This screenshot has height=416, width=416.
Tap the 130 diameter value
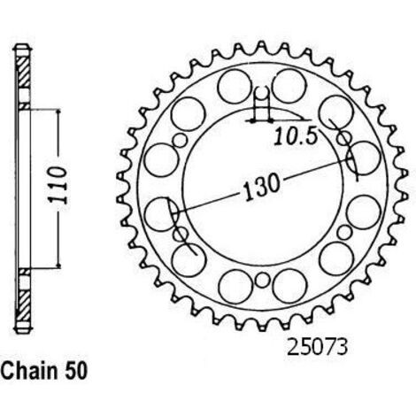tap(260, 187)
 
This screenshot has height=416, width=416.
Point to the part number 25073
tap(317, 348)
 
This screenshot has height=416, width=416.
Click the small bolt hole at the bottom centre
tap(262, 280)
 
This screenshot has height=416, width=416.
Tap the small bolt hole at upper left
tap(180, 141)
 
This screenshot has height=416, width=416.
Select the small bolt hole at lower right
tap(344, 232)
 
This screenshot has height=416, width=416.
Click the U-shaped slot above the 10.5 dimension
tap(262, 97)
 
